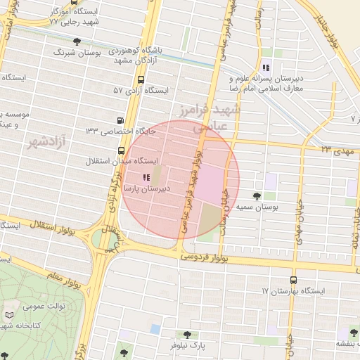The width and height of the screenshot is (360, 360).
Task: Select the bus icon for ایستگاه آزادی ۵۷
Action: tap(141, 79)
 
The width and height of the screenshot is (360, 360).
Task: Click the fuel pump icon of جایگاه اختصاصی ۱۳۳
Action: tap(121, 120)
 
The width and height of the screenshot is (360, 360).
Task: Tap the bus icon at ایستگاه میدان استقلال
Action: tap(122, 150)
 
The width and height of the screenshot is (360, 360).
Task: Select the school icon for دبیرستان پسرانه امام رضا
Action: tap(266, 67)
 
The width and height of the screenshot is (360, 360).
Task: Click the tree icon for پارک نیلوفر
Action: tap(186, 335)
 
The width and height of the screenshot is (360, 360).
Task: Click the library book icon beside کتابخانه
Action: tap(8, 315)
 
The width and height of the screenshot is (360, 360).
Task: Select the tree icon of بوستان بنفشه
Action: tap(352, 333)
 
